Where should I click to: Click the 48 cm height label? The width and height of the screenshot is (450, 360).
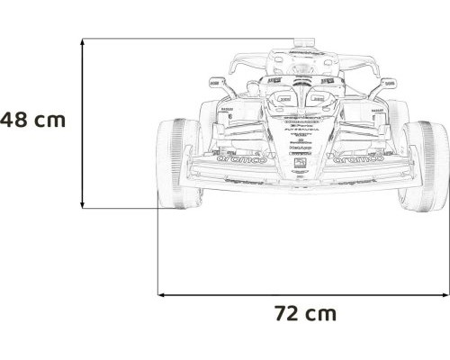32,119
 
